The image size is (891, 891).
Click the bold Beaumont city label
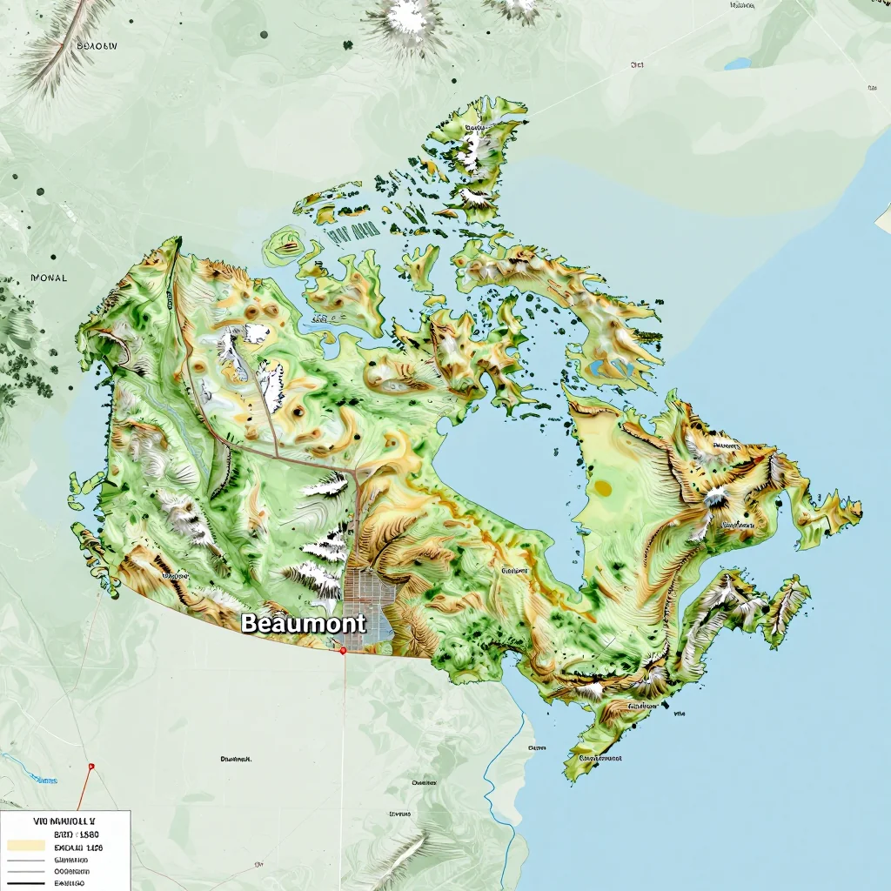[x=303, y=623]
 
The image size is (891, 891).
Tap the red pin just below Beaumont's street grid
[x=344, y=650]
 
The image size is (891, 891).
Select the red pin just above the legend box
[x=90, y=767]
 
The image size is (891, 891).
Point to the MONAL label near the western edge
[x=48, y=278]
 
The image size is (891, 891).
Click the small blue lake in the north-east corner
[x=738, y=64]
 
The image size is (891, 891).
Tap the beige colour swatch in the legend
[x=25, y=845]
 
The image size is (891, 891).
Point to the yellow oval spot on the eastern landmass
[x=603, y=488]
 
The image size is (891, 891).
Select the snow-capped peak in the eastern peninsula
[x=716, y=497]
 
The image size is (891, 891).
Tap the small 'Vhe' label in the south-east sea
[x=680, y=713]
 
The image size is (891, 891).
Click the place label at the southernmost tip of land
[x=601, y=758]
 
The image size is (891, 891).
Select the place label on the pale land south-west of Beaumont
[x=236, y=759]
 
